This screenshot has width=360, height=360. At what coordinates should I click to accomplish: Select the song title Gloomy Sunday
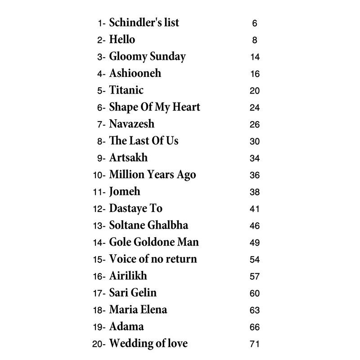(147, 57)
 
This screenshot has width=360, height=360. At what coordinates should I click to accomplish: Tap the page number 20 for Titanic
(255, 91)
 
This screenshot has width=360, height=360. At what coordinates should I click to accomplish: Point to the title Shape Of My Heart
(154, 107)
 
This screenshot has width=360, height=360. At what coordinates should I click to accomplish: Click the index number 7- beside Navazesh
(101, 125)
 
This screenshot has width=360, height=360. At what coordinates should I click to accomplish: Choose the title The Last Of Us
(144, 140)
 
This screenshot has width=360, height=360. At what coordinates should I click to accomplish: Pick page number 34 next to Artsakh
(255, 158)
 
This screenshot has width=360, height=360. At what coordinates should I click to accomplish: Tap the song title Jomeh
(125, 192)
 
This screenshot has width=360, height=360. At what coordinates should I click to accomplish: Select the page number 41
(255, 209)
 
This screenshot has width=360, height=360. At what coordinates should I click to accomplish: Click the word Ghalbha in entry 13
(172, 225)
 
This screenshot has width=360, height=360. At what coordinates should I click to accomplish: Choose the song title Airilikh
(128, 276)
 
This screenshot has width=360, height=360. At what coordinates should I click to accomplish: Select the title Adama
(126, 327)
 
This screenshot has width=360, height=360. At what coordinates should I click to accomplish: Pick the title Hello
(122, 40)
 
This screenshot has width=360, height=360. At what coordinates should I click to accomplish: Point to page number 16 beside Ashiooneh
(255, 74)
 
